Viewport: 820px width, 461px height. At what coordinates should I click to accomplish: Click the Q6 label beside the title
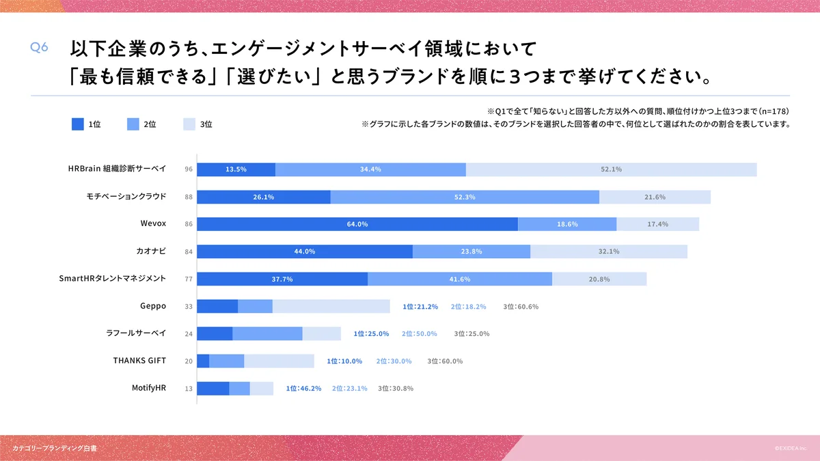click(x=39, y=47)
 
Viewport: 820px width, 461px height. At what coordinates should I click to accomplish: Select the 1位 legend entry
click(x=86, y=124)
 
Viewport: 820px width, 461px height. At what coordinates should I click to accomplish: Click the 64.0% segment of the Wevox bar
click(x=357, y=224)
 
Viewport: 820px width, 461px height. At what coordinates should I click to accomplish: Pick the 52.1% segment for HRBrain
click(x=611, y=169)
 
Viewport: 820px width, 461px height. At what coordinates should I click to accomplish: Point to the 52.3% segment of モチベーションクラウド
click(x=465, y=197)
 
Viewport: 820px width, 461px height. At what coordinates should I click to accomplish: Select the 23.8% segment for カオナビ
click(x=471, y=251)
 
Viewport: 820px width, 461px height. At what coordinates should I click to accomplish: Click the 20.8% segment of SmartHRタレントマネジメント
click(x=599, y=279)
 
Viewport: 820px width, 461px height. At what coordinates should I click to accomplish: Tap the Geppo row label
click(x=153, y=306)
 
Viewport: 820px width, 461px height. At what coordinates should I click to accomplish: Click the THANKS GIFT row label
click(x=139, y=360)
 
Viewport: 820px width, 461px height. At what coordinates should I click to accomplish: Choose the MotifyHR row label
click(x=149, y=387)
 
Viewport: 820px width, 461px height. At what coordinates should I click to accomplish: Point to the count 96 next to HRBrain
click(x=189, y=169)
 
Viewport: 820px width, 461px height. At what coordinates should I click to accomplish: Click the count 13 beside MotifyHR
click(x=189, y=389)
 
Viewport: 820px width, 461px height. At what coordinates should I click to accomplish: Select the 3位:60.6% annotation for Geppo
click(x=521, y=307)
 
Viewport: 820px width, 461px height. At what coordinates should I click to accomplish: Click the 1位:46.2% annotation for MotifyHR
click(x=303, y=389)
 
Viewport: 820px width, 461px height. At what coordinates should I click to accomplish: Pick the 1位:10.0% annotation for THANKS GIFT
click(x=344, y=361)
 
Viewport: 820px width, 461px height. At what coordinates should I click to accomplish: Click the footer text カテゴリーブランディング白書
click(x=55, y=448)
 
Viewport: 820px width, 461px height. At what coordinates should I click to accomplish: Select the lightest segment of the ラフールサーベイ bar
click(x=322, y=333)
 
